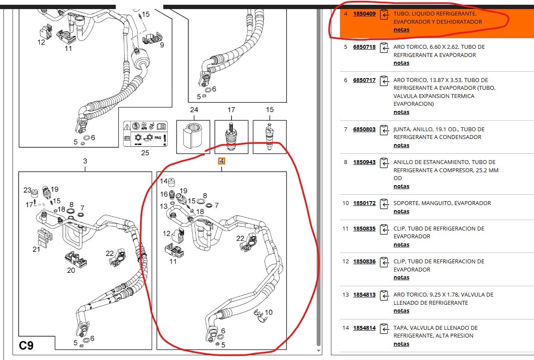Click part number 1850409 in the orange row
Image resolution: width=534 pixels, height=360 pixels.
tap(364, 14)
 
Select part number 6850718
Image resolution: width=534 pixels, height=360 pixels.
tap(364, 47)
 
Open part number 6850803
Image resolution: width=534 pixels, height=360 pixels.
tap(364, 129)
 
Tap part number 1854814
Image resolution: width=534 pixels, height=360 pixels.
tap(364, 328)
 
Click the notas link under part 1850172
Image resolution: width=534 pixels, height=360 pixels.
tap(401, 212)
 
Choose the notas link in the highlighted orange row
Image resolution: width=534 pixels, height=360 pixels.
tap(401, 30)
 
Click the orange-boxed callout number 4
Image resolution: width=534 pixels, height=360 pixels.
tap(222, 161)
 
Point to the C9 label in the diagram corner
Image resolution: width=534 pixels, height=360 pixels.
tap(26, 345)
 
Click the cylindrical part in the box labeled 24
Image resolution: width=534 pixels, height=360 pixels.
tap(193, 136)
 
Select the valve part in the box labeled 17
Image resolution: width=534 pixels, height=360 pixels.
tap(231, 136)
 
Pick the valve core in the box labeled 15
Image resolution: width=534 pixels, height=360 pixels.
tap(270, 136)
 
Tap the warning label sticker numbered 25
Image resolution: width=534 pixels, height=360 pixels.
tap(145, 134)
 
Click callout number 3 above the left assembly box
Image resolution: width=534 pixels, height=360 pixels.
tap(85, 161)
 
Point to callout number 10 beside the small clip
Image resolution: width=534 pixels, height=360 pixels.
tap(269, 313)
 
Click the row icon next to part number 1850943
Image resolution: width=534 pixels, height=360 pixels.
tap(384, 162)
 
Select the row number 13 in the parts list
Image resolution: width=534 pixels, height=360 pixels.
tap(346, 295)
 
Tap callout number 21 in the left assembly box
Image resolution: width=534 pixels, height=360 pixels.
tap(36, 249)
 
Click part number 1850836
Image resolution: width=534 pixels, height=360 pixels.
tap(364, 262)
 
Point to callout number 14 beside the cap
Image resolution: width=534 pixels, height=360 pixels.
tap(164, 181)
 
